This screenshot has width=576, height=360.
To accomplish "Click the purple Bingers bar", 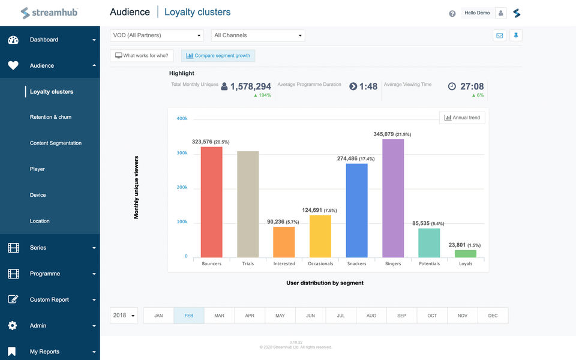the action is tap(392, 199).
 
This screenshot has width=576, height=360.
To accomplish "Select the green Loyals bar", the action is tap(466, 254).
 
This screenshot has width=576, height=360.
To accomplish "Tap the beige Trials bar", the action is tap(248, 204).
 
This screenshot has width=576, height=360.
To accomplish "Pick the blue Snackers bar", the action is tap(356, 211).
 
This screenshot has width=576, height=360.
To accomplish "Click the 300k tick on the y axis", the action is tap(182, 153).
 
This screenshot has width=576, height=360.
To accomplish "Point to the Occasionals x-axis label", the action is tap(320, 263).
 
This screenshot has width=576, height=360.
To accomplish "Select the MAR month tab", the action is tap(220, 316).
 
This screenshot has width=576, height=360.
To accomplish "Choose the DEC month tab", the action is tap(493, 316).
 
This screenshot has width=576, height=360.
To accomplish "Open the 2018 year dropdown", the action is tap(124, 316).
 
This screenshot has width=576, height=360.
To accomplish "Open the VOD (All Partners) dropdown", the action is tap(157, 35).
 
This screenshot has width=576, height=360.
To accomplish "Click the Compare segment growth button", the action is tap(218, 56).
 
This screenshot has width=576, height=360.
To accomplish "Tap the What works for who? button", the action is tap(142, 56).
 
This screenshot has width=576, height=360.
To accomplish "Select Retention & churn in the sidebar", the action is tap(50, 117).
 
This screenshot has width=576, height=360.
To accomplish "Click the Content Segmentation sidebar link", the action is tap(56, 143).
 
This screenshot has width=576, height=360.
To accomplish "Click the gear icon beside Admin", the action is tap(13, 325).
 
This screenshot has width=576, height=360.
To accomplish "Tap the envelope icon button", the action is tap(500, 35).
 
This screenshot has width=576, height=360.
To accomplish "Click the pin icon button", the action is tap(516, 35).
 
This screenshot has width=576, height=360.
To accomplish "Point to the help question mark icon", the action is tap(452, 14).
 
